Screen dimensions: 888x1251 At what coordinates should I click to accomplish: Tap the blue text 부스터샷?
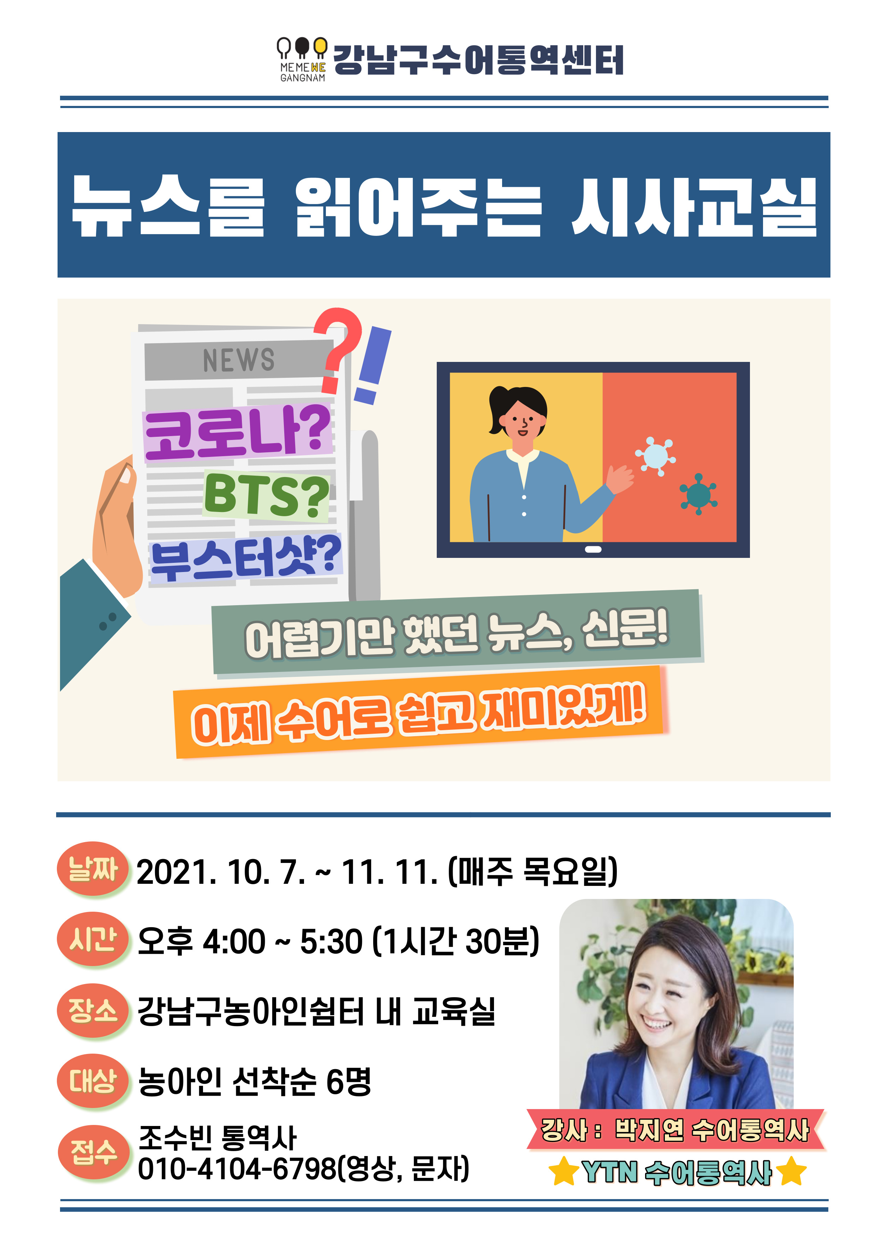245,558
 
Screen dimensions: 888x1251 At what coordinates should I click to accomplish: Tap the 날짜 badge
93,869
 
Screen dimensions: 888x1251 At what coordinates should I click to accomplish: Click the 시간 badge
93,939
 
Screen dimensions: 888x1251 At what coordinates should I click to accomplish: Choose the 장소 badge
93,1010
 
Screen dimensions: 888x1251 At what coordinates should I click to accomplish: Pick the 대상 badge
93,1080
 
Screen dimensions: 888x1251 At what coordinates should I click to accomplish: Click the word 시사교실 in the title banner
695,207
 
